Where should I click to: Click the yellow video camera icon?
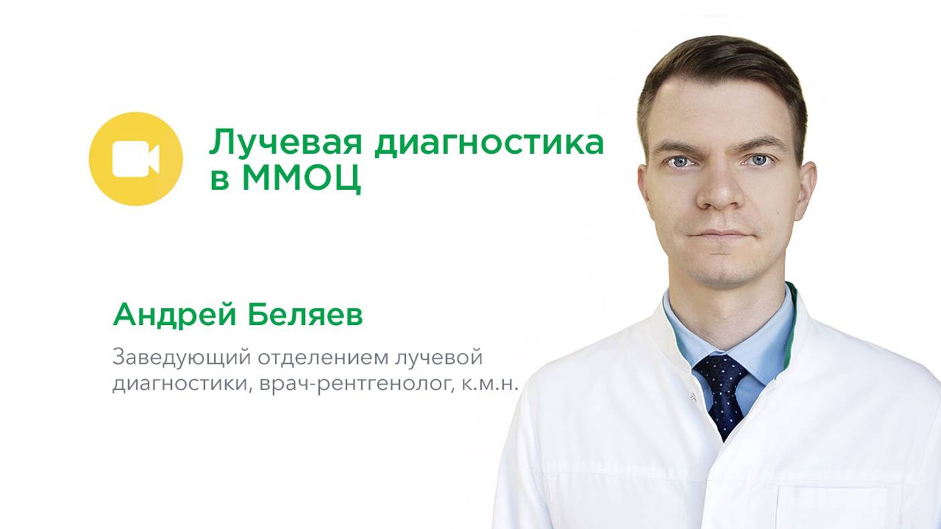(x=135, y=158)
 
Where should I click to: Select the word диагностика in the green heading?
(x=488, y=142)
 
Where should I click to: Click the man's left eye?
(x=758, y=160)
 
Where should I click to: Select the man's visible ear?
(x=809, y=180)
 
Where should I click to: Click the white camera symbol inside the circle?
(x=135, y=159)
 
